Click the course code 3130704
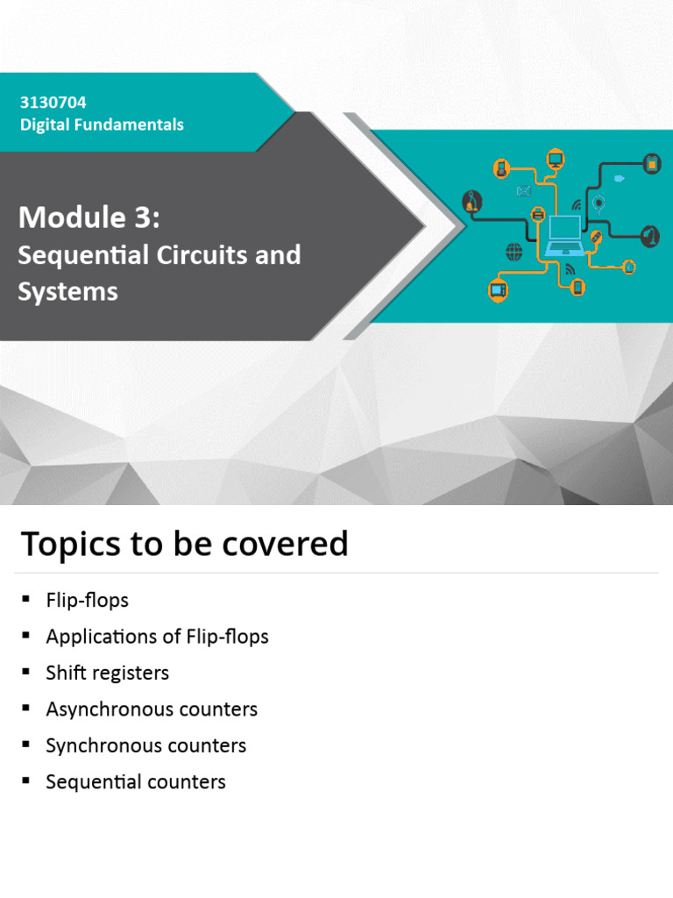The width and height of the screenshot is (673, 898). [x=53, y=103]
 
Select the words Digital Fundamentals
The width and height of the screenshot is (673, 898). [x=102, y=125]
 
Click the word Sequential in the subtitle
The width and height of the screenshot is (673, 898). [x=74, y=255]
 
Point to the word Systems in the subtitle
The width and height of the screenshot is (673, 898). [x=67, y=291]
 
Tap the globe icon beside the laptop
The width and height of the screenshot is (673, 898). [x=514, y=252]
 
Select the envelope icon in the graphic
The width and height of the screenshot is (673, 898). [x=524, y=191]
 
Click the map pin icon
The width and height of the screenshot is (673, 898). [x=599, y=204]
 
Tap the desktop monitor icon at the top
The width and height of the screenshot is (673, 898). [x=555, y=159]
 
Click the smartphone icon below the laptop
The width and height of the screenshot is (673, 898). [x=577, y=286]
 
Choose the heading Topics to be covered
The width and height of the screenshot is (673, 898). [x=184, y=544]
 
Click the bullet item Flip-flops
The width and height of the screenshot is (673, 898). [x=87, y=601]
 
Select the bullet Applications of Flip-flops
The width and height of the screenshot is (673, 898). [x=157, y=637]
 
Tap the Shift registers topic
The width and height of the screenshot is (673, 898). [x=107, y=673]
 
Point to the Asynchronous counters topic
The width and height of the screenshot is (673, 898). [x=152, y=709]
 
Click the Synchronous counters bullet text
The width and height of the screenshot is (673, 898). [x=145, y=745]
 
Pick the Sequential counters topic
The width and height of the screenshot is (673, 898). [x=136, y=781]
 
